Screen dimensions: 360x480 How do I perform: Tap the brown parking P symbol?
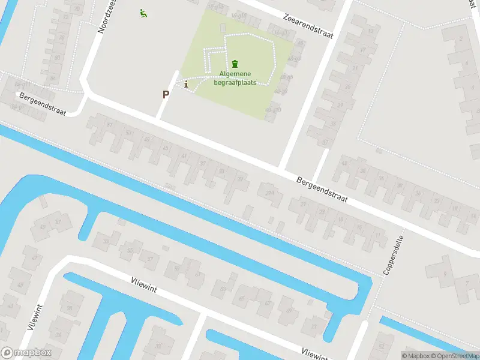[166, 94]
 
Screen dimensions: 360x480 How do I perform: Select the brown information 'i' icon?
[187, 85]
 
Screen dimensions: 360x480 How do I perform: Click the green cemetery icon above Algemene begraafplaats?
[234, 64]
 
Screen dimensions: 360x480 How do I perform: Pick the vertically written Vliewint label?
[34, 317]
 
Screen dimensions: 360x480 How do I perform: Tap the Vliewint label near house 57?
[143, 285]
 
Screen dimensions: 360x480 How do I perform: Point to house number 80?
[56, 58]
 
